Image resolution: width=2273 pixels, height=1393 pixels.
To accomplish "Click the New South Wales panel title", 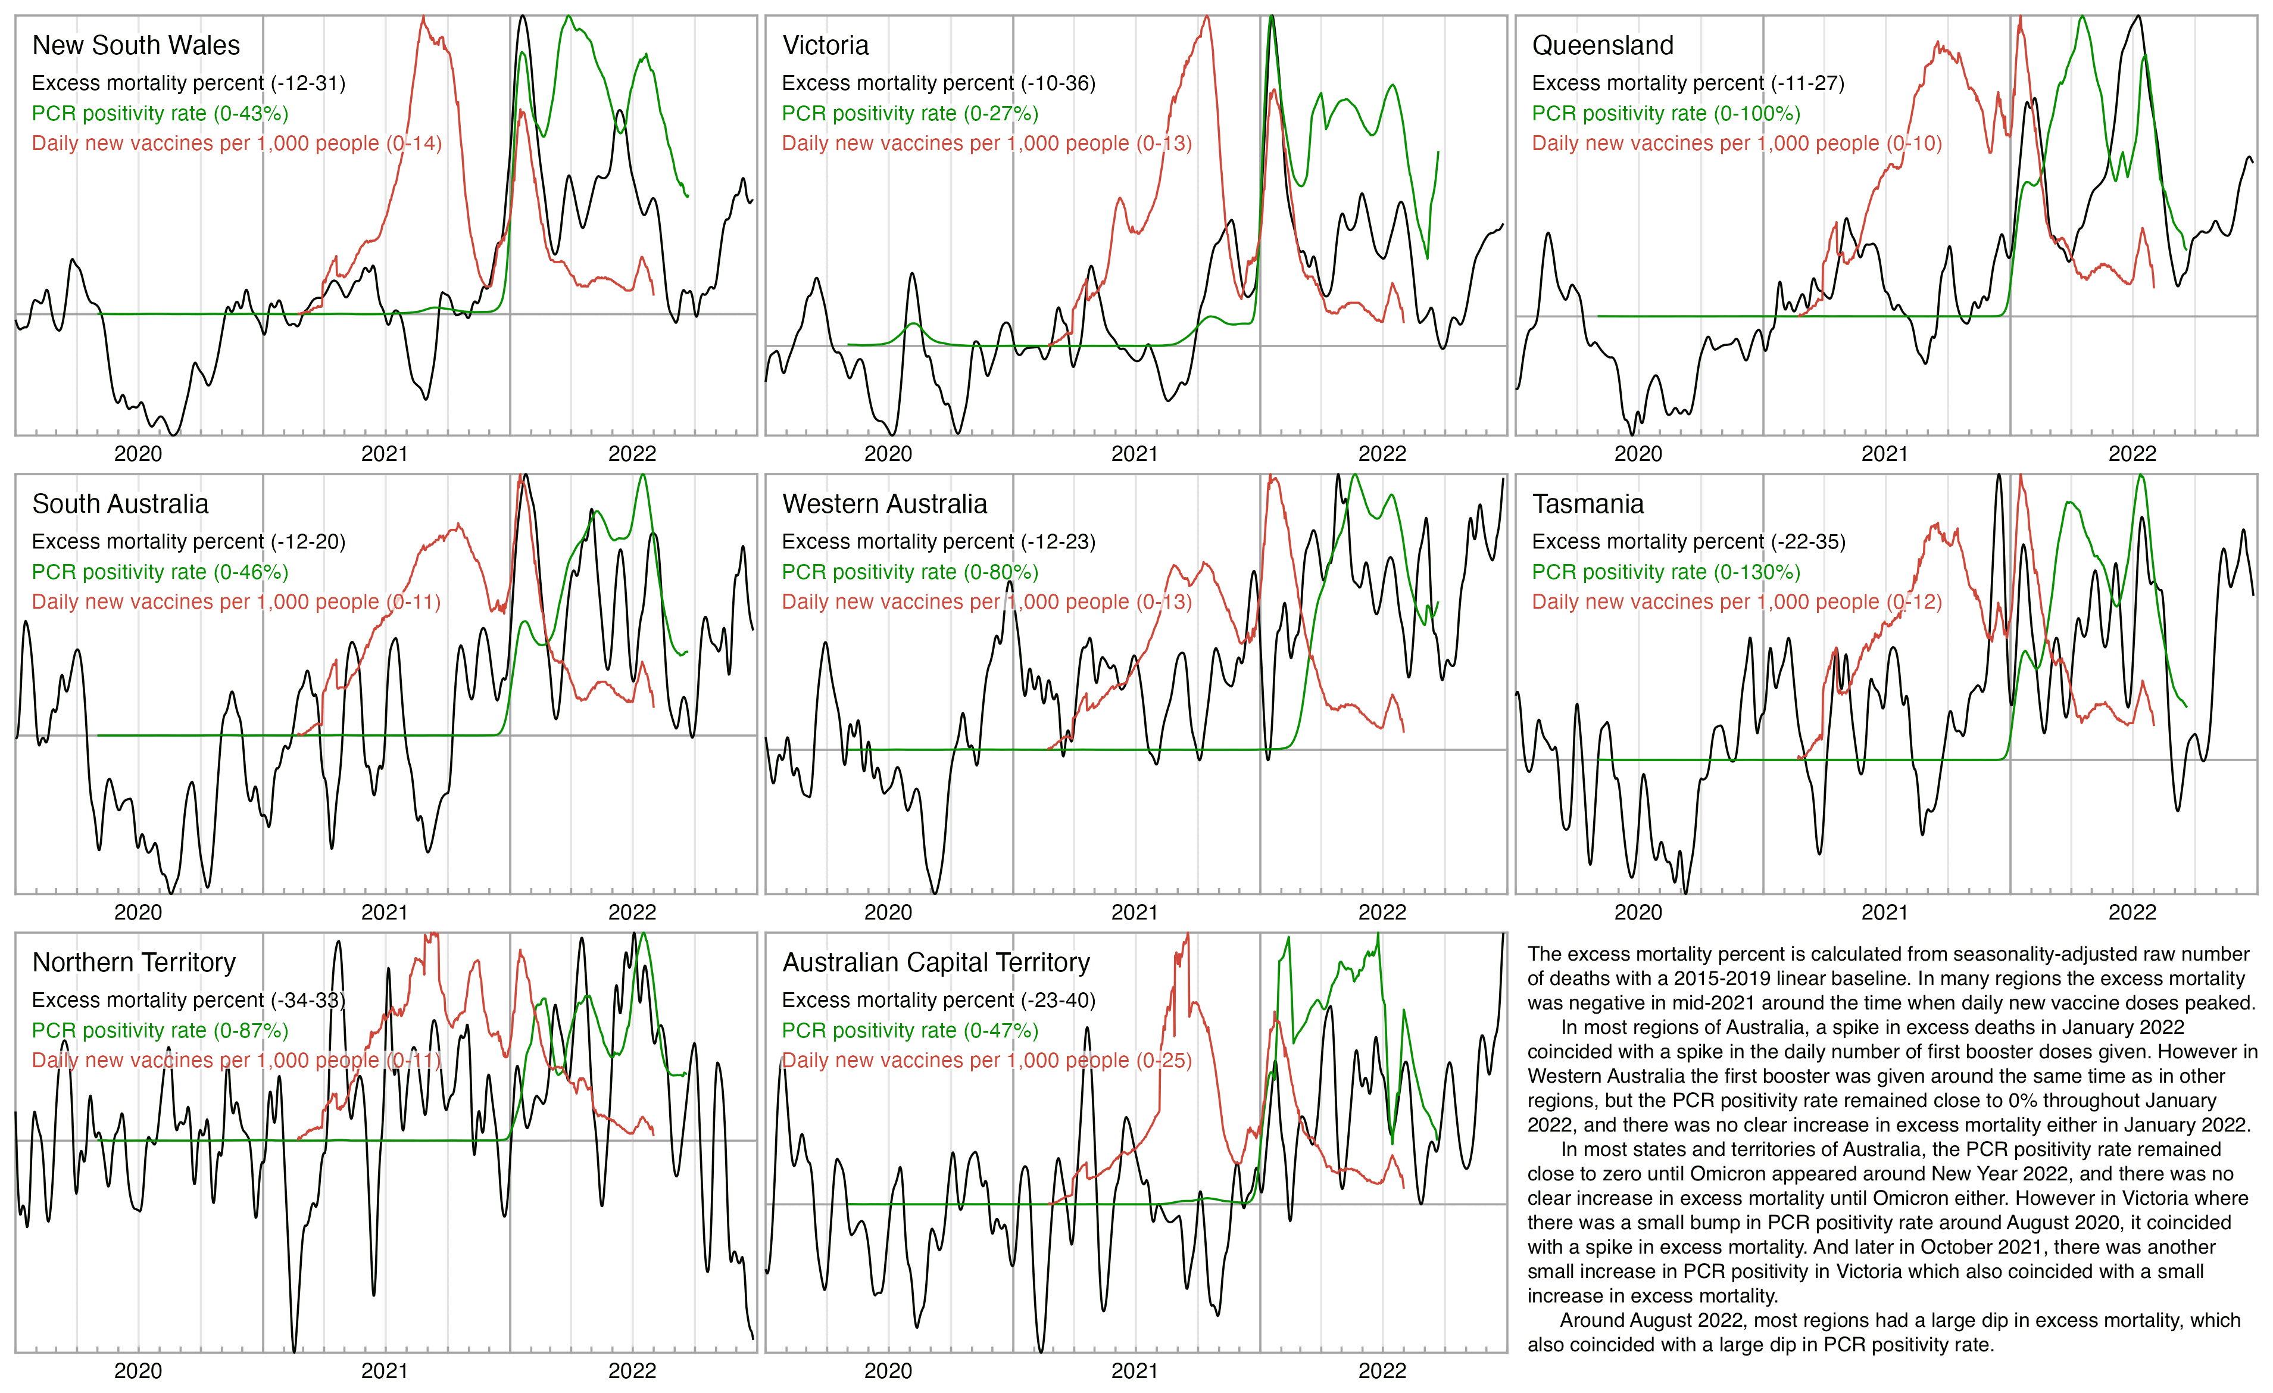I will pyautogui.click(x=136, y=45).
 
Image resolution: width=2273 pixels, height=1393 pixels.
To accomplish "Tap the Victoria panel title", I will pyautogui.click(x=826, y=45).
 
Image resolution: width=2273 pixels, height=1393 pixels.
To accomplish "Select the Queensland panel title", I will pyautogui.click(x=1603, y=45).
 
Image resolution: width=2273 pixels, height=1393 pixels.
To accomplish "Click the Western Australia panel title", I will pyautogui.click(x=885, y=504).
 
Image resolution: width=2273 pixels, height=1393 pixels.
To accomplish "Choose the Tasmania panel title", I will pyautogui.click(x=1588, y=504).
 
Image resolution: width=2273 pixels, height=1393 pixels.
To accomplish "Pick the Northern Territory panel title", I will pyautogui.click(x=134, y=962).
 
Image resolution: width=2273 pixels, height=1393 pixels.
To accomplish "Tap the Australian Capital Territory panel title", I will pyautogui.click(x=935, y=962).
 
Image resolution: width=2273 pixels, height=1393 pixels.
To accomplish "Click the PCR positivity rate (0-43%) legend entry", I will pyautogui.click(x=160, y=114).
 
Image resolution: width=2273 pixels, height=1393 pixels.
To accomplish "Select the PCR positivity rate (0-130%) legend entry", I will pyautogui.click(x=1666, y=572).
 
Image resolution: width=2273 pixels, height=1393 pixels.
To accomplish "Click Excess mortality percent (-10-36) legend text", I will pyautogui.click(x=938, y=83).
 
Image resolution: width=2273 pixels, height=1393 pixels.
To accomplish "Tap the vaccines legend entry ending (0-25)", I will pyautogui.click(x=986, y=1060).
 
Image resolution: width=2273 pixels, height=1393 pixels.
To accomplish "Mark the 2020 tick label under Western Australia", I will pyautogui.click(x=888, y=912).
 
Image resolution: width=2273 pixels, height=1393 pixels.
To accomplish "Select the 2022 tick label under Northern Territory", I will pyautogui.click(x=632, y=1371).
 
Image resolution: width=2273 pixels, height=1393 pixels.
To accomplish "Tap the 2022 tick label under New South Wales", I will pyautogui.click(x=632, y=454).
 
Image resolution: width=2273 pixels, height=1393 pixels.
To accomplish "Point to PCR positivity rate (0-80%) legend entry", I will pyautogui.click(x=910, y=572).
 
